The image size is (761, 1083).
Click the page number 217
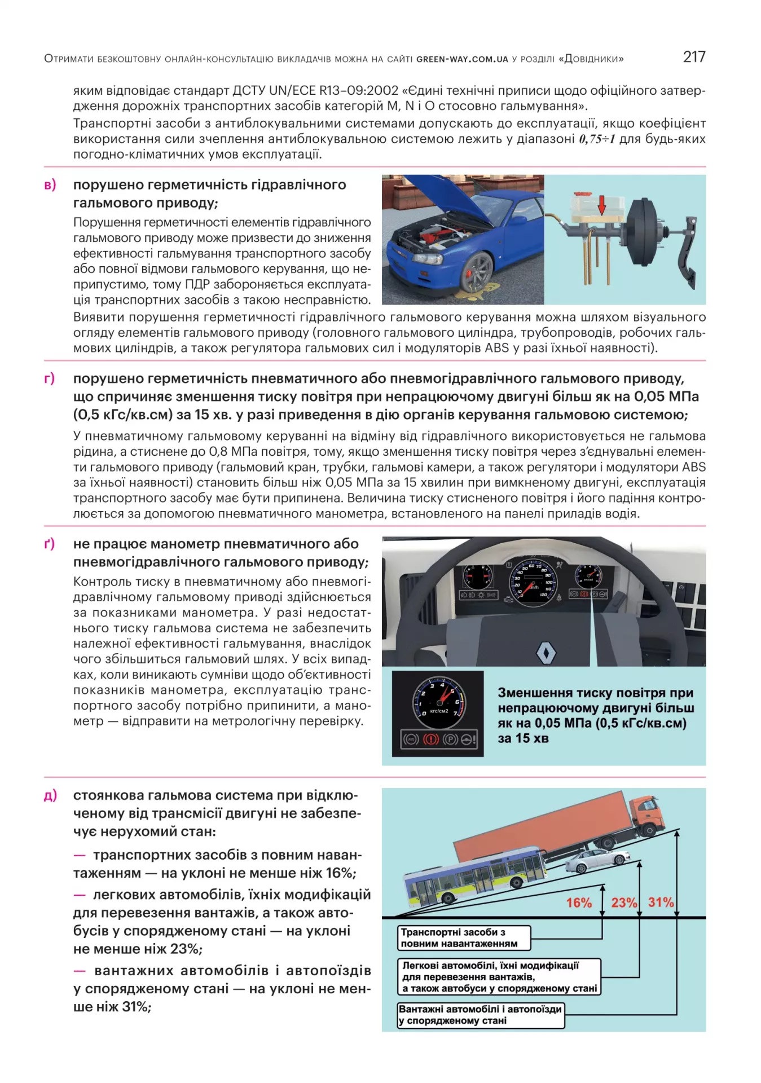click(x=693, y=56)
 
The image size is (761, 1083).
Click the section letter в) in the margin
click(x=50, y=185)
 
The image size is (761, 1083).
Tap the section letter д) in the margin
click(x=50, y=795)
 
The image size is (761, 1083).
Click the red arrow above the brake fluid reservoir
click(x=602, y=205)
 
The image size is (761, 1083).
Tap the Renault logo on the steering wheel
click(x=546, y=653)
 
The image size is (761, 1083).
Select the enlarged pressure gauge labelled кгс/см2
click(x=439, y=701)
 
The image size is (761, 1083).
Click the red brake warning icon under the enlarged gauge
click(x=430, y=739)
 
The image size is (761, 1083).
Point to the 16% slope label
click(x=579, y=902)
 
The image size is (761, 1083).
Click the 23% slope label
click(x=624, y=902)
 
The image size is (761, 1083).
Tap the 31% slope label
click(x=661, y=902)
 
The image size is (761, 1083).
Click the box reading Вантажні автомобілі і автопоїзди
click(x=481, y=1014)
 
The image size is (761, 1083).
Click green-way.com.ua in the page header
click(x=462, y=59)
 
